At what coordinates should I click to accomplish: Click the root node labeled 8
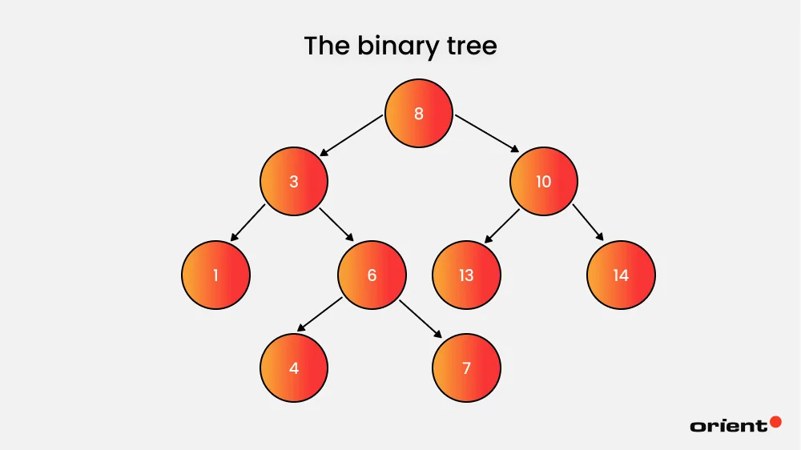[x=418, y=114]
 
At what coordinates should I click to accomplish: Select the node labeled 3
[x=294, y=182]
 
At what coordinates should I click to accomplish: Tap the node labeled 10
[x=543, y=182]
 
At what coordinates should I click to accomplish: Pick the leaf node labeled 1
[x=215, y=275]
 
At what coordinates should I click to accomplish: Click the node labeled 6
[x=372, y=275]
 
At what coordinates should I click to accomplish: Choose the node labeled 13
[x=466, y=275]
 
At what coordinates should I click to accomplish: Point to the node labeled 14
[x=621, y=275]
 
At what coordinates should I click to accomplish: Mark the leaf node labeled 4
[x=294, y=368]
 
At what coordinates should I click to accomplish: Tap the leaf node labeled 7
[x=466, y=368]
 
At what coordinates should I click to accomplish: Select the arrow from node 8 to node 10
[x=487, y=133]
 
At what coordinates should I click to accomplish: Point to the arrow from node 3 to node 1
[x=248, y=223]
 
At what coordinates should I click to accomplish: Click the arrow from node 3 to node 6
[x=337, y=225]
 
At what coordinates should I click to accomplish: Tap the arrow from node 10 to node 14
[x=588, y=222]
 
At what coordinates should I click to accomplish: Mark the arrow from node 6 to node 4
[x=320, y=315]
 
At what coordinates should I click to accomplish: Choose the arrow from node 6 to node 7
[x=421, y=318]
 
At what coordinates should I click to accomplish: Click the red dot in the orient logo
[x=775, y=421]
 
